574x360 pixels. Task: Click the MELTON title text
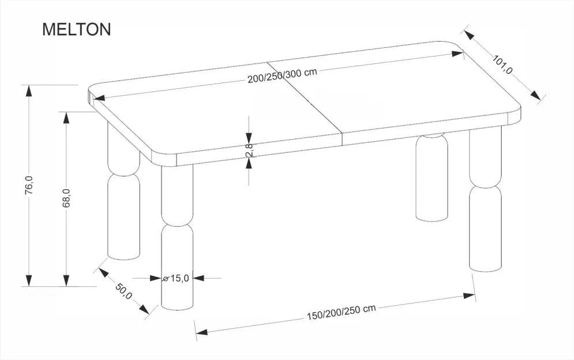[x=77, y=29]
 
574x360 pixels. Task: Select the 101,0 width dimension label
[x=502, y=65]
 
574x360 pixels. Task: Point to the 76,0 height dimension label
[x=29, y=185]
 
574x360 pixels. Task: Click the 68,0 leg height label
[x=66, y=198]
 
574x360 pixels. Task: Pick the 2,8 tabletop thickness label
[x=249, y=150]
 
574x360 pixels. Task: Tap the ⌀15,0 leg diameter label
[x=176, y=278]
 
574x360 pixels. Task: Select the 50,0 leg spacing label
[x=123, y=291]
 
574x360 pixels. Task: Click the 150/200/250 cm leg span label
[x=341, y=312]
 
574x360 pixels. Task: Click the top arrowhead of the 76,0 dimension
[x=28, y=91]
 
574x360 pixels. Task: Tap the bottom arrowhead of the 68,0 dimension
[x=66, y=280]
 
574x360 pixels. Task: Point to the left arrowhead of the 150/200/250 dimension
[x=201, y=332]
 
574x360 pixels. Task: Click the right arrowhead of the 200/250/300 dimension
[x=457, y=54]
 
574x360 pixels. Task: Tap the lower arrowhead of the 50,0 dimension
[x=144, y=309]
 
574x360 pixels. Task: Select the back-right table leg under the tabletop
[x=432, y=177]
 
